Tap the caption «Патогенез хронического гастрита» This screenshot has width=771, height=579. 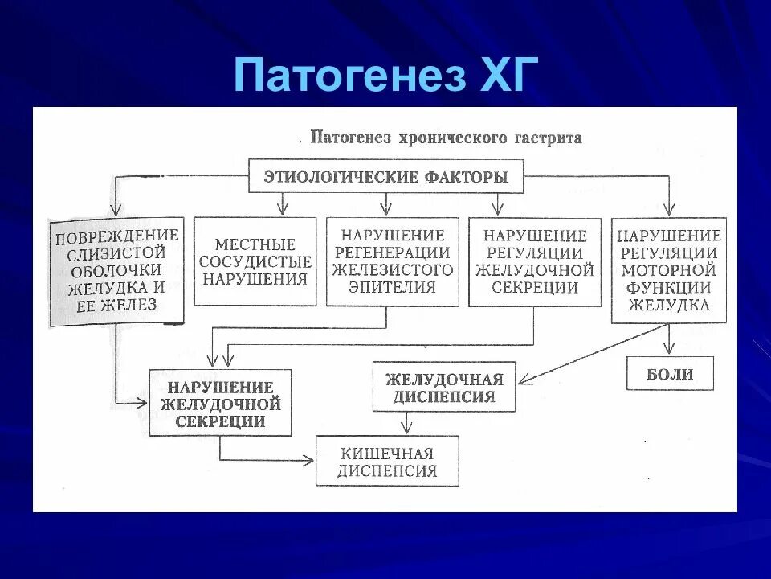point(446,138)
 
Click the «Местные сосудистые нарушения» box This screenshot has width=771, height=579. point(255,261)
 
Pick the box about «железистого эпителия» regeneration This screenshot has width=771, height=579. point(393,261)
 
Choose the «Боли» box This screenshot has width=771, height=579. point(669,374)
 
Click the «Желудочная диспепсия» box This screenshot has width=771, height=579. point(443,388)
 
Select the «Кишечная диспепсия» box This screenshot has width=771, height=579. point(387,462)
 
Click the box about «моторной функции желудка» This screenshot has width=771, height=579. point(668,270)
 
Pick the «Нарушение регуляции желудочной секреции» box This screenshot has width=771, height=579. point(534,261)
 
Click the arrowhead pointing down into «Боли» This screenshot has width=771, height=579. point(669,351)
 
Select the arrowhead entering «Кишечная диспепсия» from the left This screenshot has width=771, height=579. point(308,461)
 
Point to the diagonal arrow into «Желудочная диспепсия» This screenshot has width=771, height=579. point(594,352)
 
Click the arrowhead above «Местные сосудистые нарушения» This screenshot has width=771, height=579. point(281,211)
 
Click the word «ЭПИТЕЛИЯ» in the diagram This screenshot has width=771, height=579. point(393,287)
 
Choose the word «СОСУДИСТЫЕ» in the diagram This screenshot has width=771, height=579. point(255,261)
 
